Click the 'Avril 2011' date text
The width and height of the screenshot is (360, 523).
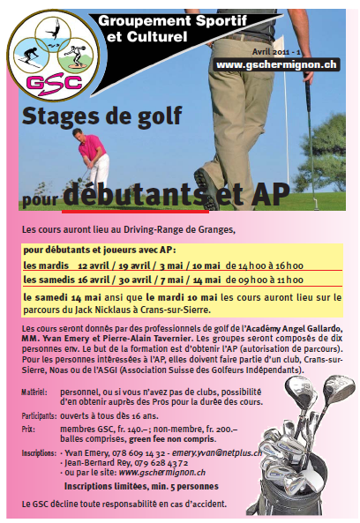point(307,51)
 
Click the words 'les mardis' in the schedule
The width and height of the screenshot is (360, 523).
point(41,264)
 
